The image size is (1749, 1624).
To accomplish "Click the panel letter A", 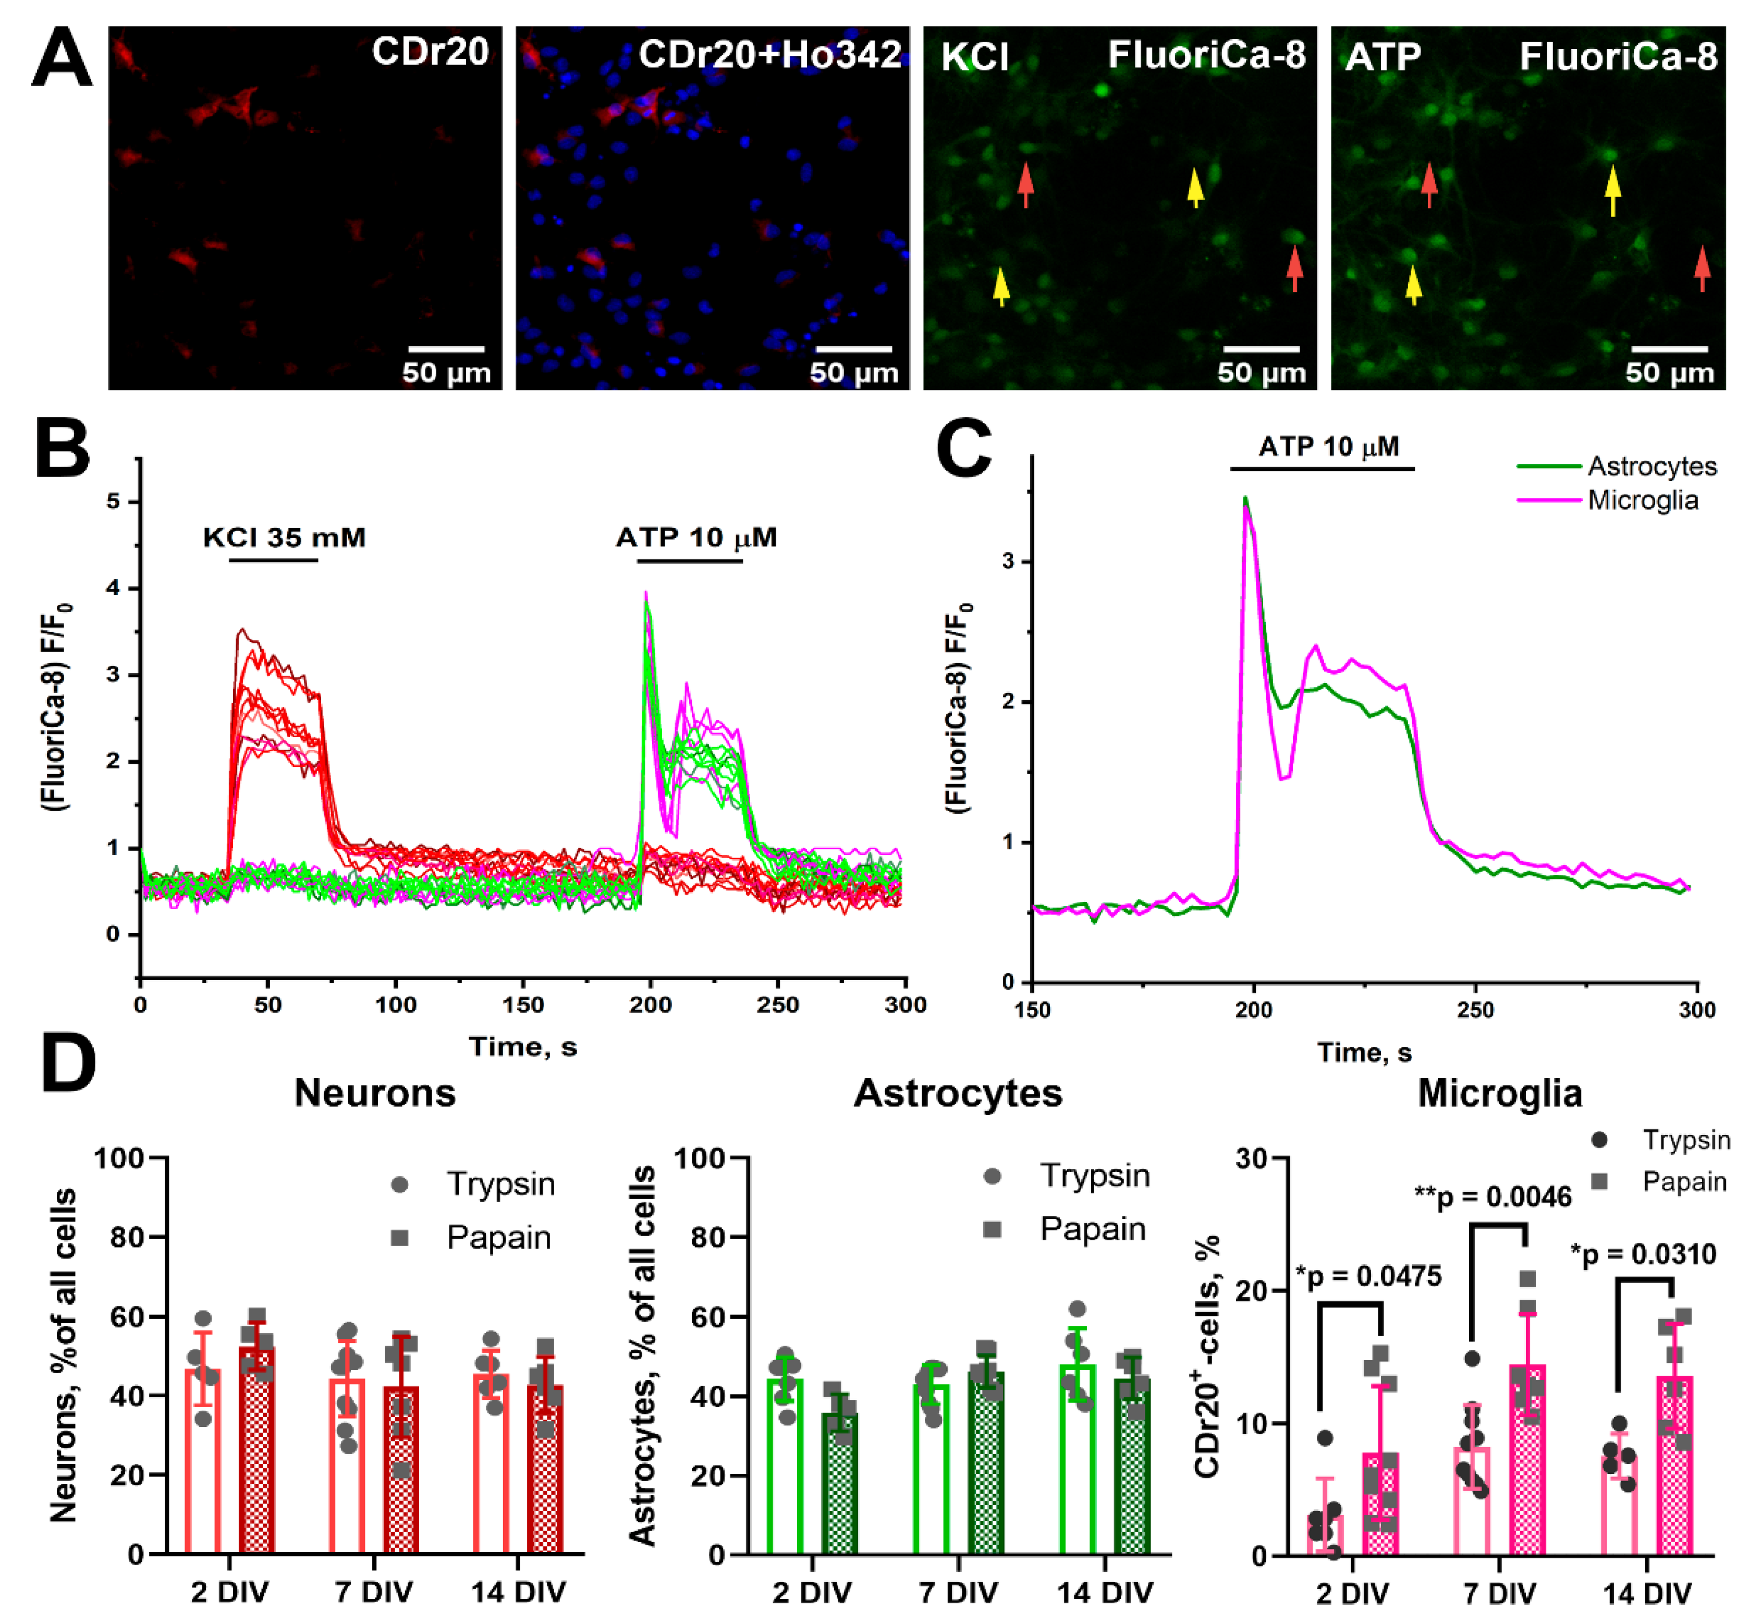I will (x=62, y=57).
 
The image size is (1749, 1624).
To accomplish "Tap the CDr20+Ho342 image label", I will (x=769, y=55).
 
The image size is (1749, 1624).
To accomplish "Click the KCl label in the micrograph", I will (x=974, y=58).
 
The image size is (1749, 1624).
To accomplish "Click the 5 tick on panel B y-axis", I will (x=113, y=502).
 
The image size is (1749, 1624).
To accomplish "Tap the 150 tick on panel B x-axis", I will (x=523, y=1005).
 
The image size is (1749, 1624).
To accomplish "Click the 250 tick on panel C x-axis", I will (x=1476, y=1010).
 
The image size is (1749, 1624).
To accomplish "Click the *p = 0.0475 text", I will (x=1368, y=1276).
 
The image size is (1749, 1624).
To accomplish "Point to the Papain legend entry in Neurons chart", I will (x=498, y=1237).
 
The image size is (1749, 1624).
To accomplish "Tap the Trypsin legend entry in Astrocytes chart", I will (x=1094, y=1176).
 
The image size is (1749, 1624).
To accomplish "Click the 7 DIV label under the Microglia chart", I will (x=1499, y=1592).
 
